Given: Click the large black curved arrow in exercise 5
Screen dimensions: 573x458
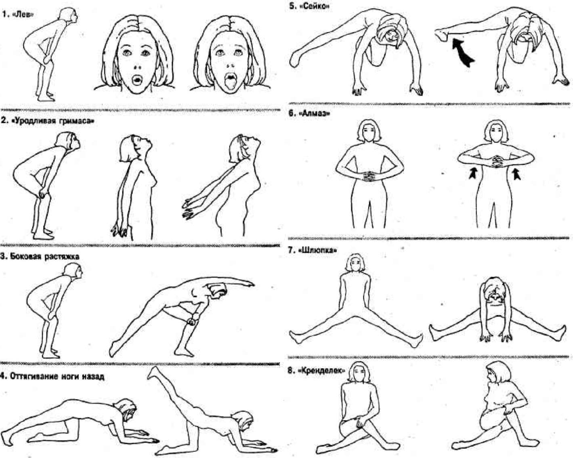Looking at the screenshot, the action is pos(463,53).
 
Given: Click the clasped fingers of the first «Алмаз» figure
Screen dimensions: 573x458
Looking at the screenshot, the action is pos(369,176).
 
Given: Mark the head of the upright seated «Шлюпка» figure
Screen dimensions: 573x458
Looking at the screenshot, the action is pos(354,263).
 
